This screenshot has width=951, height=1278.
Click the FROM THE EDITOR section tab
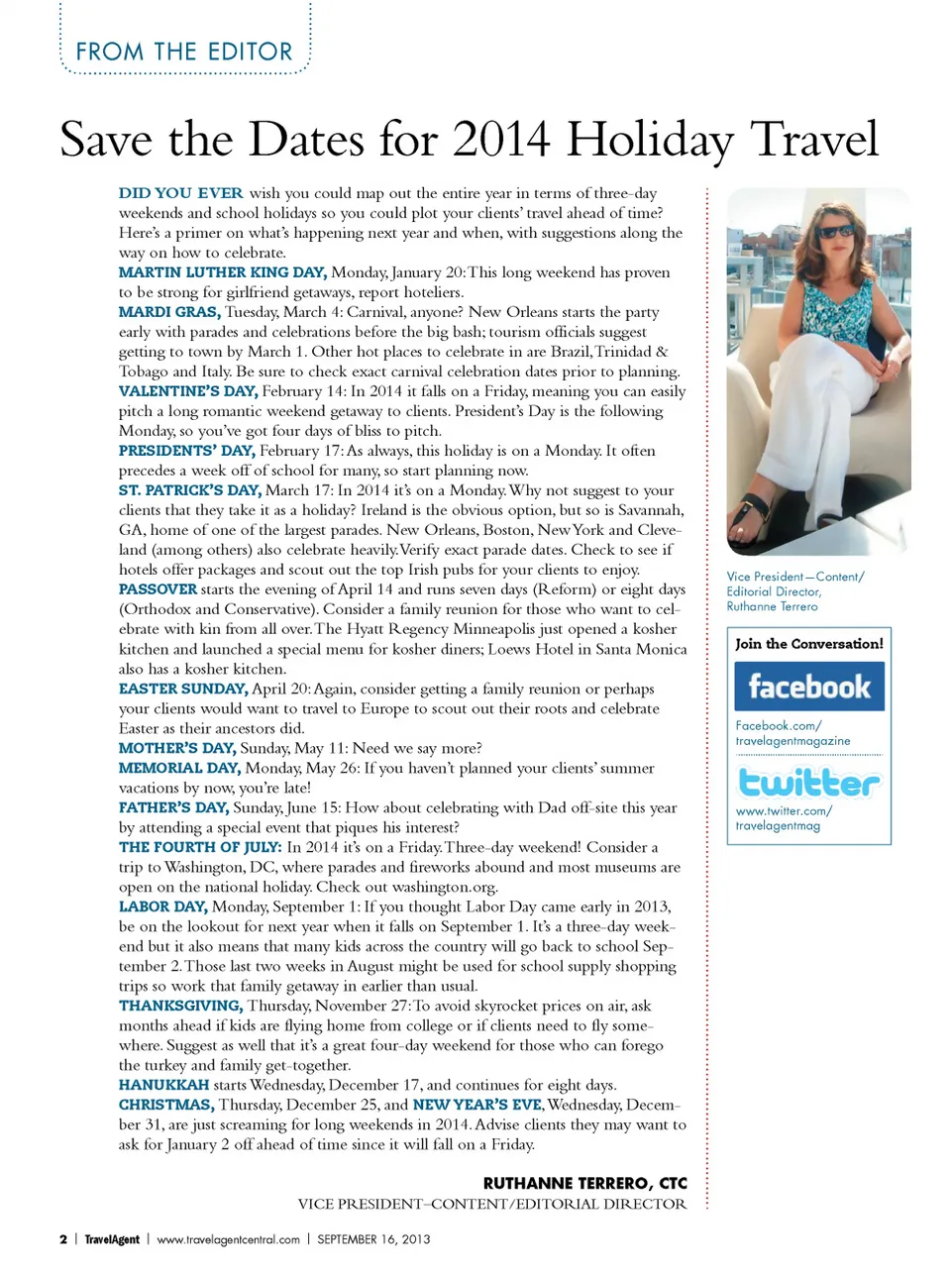coord(184,52)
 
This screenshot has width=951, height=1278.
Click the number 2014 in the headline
coord(501,140)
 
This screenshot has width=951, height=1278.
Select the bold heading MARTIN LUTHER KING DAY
coord(222,272)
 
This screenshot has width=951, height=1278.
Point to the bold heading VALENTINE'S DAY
coord(187,391)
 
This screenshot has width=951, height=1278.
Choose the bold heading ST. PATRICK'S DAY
coord(189,490)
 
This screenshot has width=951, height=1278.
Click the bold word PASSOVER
coord(158,589)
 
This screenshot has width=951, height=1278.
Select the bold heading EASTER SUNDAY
coord(183,689)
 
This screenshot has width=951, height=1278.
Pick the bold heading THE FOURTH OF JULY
coord(200,847)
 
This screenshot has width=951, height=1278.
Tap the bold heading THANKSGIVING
coord(180,1006)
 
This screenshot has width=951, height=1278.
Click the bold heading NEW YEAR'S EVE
coord(477,1105)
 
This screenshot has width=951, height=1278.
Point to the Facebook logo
coord(809,687)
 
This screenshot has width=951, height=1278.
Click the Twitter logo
coord(809,783)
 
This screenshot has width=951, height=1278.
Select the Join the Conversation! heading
coord(809,644)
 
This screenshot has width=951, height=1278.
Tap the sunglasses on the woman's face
coord(837,232)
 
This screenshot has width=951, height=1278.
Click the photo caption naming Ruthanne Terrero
coord(794,591)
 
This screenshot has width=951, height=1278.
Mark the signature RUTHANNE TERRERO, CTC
coord(584,1183)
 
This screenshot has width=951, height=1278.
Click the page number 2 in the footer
coord(63,1239)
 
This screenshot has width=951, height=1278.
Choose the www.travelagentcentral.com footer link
coord(228,1239)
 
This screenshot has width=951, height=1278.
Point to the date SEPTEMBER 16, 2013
coord(373,1239)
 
